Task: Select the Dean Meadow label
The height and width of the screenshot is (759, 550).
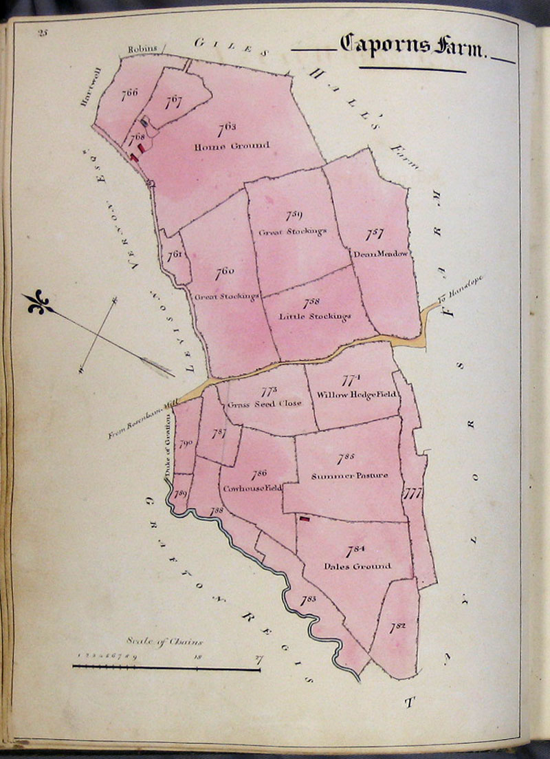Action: (380, 253)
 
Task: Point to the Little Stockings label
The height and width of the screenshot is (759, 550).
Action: (315, 317)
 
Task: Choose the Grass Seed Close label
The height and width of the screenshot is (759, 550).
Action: (264, 404)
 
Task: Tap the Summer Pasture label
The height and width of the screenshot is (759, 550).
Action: (349, 475)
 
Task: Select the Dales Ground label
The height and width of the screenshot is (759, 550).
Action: (357, 566)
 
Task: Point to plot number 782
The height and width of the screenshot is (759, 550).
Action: (397, 626)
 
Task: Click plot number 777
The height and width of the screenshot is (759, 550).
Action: (412, 493)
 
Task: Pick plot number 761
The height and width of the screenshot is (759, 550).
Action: (175, 254)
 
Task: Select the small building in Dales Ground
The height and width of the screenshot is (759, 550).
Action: (303, 520)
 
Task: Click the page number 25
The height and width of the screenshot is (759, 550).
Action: (43, 32)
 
